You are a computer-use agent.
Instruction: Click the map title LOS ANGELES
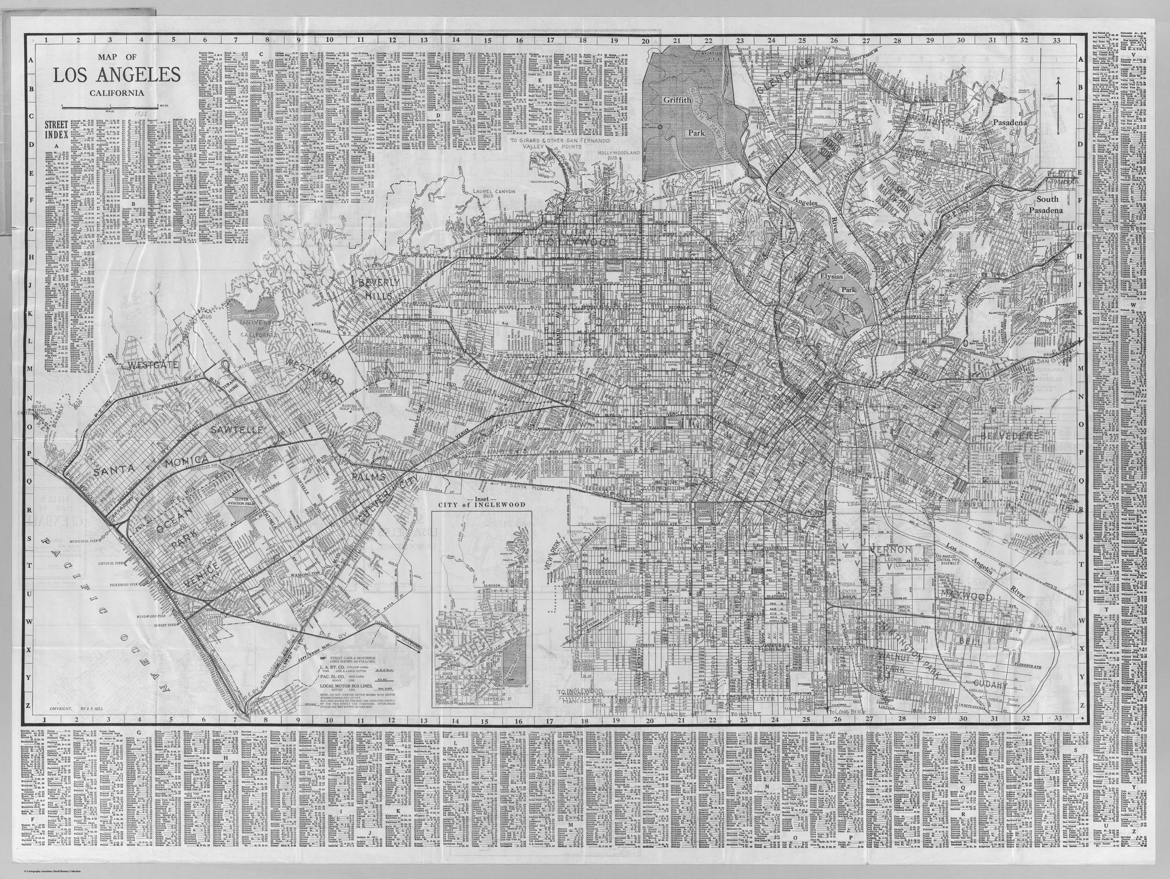[117, 75]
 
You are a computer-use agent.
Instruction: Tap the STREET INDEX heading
[57, 129]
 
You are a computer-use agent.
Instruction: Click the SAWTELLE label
[236, 430]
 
